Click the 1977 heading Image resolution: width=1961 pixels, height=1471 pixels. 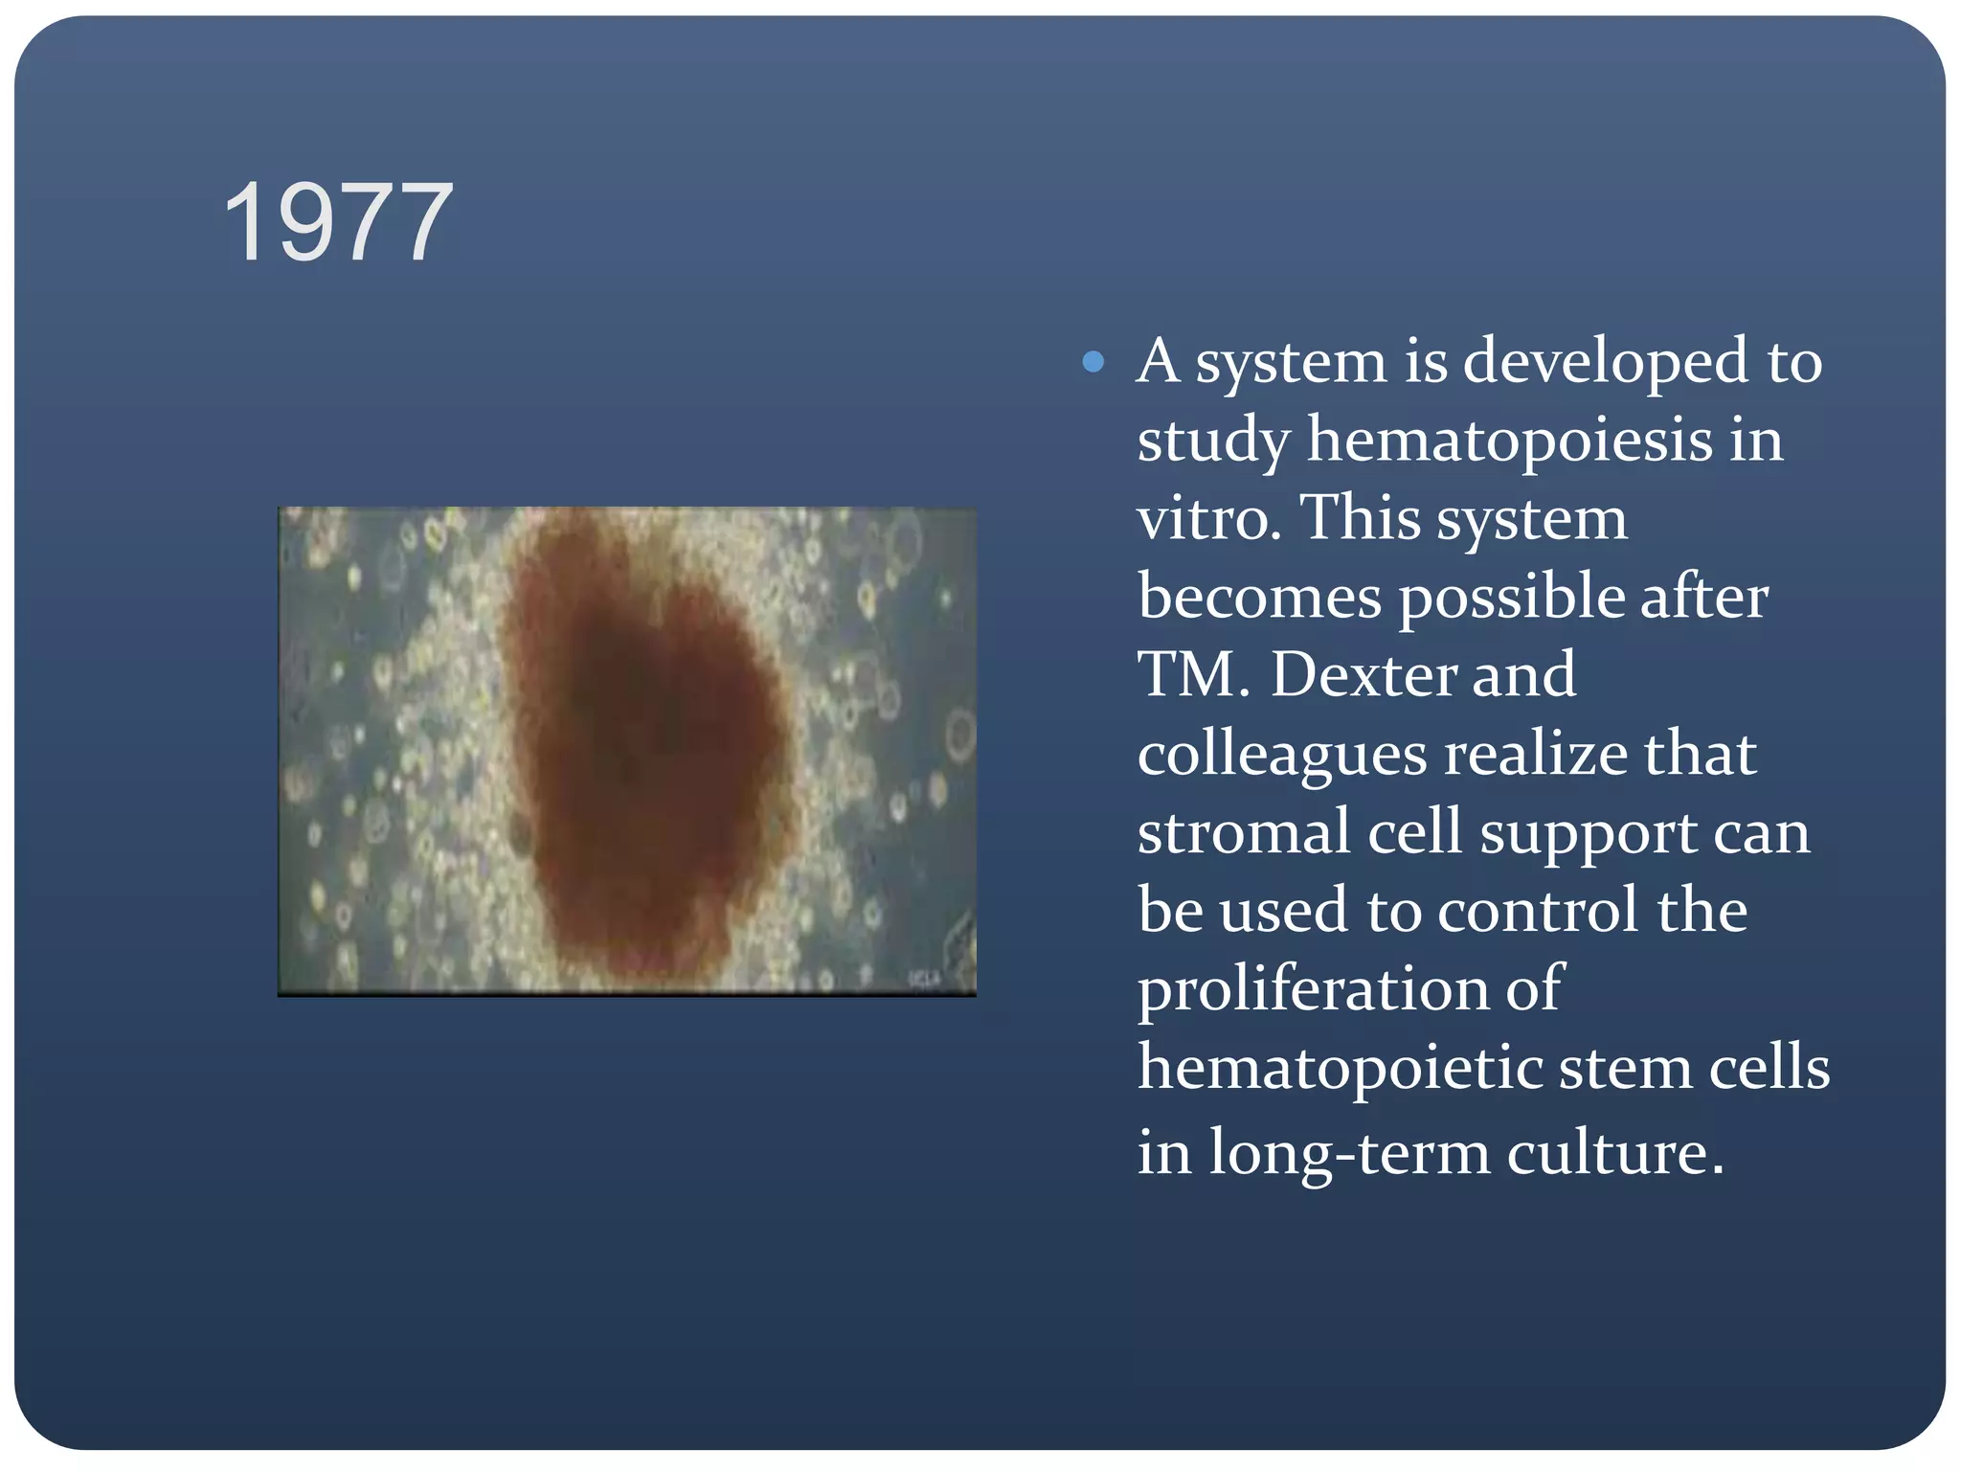pyautogui.click(x=338, y=223)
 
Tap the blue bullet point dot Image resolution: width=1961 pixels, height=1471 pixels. pyautogui.click(x=1093, y=362)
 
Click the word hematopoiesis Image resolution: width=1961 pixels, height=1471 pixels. pyautogui.click(x=1509, y=441)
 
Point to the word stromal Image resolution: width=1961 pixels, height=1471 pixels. pyautogui.click(x=1243, y=831)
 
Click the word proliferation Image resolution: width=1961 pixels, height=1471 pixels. pyautogui.click(x=1312, y=988)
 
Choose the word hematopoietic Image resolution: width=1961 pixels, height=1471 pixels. pyautogui.click(x=1340, y=1069)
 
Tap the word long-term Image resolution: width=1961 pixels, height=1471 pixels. pyautogui.click(x=1348, y=1151)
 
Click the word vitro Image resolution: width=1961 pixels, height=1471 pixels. pyautogui.click(x=1207, y=518)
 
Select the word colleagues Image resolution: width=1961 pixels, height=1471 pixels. pyautogui.click(x=1281, y=755)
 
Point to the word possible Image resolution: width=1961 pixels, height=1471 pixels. pyautogui.click(x=1510, y=598)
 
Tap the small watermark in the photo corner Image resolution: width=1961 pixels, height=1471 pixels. pyautogui.click(x=925, y=977)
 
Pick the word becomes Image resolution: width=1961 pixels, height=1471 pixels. pyautogui.click(x=1259, y=598)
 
